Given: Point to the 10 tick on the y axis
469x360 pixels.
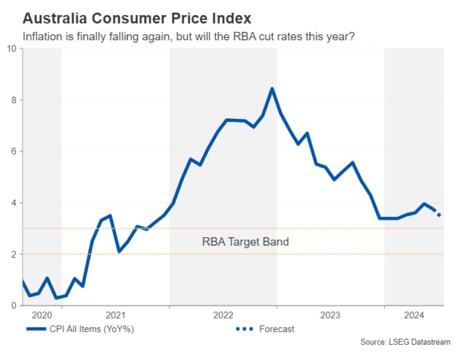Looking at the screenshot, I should click(11, 49).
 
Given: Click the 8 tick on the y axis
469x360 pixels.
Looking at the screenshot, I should click(14, 100).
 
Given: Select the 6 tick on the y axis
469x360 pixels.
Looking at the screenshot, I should click(14, 152).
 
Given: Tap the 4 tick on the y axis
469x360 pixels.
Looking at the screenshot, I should click(14, 203).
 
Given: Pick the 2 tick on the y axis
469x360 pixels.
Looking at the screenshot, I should click(14, 255).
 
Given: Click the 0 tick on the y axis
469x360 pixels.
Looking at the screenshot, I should click(14, 305).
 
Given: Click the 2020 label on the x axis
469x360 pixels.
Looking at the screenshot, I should click(42, 315).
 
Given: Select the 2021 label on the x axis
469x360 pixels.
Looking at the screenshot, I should click(115, 315).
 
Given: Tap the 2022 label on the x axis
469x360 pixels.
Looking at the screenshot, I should click(223, 315).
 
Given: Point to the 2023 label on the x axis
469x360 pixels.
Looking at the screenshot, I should click(330, 315).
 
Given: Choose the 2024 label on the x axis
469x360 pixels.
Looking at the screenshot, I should click(413, 315).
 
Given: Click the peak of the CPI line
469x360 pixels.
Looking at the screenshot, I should click(272, 89).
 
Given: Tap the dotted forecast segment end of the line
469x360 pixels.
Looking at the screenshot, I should click(440, 215).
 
